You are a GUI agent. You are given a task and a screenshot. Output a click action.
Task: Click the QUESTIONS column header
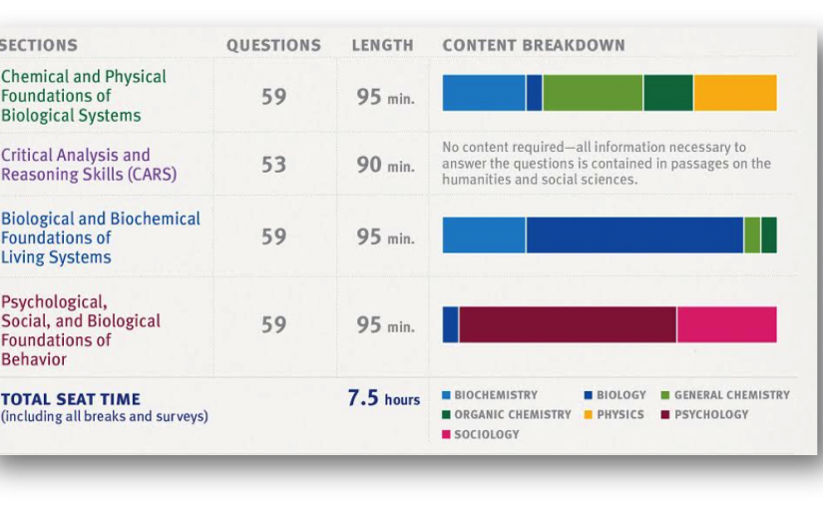273,45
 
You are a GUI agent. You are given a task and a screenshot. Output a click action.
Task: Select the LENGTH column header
382,45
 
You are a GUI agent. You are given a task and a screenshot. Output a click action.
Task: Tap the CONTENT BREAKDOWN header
534,45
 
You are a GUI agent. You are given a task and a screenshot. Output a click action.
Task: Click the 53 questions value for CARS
273,165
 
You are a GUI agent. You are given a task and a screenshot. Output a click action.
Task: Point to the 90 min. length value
385,165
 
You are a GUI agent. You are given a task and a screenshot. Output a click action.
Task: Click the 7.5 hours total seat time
384,398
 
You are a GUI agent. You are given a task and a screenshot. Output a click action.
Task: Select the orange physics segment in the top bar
735,93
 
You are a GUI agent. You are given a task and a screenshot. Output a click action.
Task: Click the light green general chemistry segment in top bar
593,93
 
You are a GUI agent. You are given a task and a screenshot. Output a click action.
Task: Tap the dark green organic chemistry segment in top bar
668,93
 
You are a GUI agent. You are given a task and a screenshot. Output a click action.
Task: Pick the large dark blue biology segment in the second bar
634,235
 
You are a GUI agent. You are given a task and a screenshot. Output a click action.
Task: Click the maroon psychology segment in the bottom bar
568,324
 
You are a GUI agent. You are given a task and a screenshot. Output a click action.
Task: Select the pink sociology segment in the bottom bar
727,324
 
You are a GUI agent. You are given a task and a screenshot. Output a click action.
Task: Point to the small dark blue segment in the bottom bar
450,324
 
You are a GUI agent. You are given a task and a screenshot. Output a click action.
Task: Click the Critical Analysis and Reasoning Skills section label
88,165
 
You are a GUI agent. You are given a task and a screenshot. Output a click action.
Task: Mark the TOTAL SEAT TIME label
71,399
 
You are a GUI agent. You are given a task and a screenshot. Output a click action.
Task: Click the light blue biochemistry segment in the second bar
484,235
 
